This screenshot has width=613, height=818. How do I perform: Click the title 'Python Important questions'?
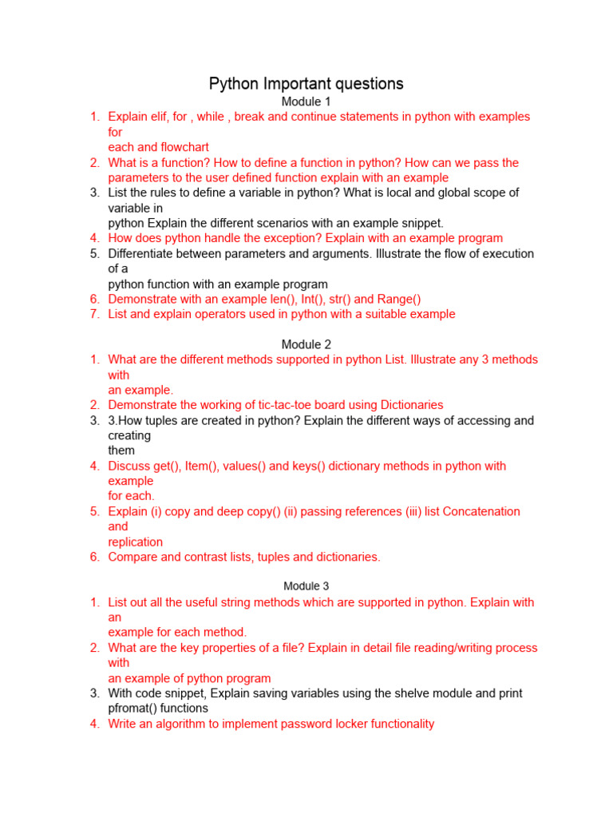(306, 83)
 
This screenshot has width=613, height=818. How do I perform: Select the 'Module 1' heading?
(306, 101)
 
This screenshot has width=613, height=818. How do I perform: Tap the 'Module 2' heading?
(306, 344)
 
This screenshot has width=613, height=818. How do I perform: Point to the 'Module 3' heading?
(306, 586)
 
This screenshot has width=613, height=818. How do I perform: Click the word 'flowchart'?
(182, 147)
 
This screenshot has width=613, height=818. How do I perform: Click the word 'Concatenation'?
(479, 511)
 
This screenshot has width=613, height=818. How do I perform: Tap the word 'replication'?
(136, 542)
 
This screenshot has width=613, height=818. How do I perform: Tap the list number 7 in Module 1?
(94, 314)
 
